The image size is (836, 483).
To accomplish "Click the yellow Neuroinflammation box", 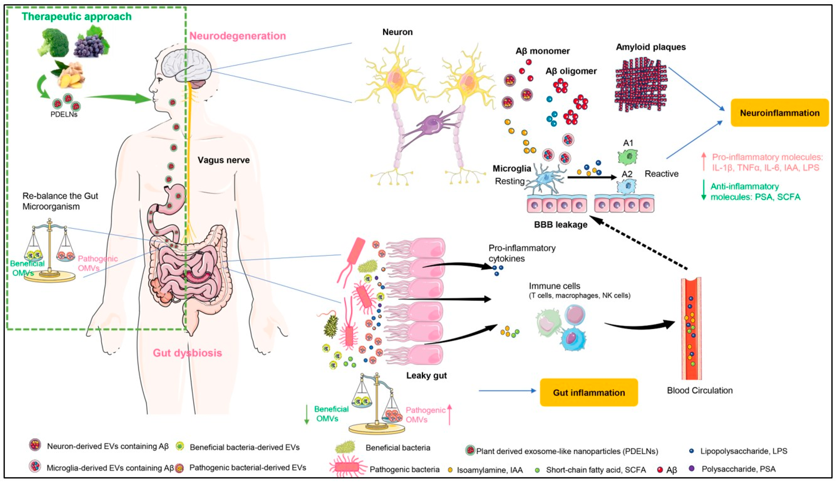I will click(x=779, y=113).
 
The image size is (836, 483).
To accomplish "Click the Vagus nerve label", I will click(x=224, y=160).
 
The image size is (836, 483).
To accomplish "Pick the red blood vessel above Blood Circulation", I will click(x=691, y=328).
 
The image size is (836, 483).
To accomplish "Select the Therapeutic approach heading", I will click(x=77, y=17).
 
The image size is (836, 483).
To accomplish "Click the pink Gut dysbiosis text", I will click(x=187, y=353).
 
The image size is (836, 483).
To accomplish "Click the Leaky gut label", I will click(x=426, y=375).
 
